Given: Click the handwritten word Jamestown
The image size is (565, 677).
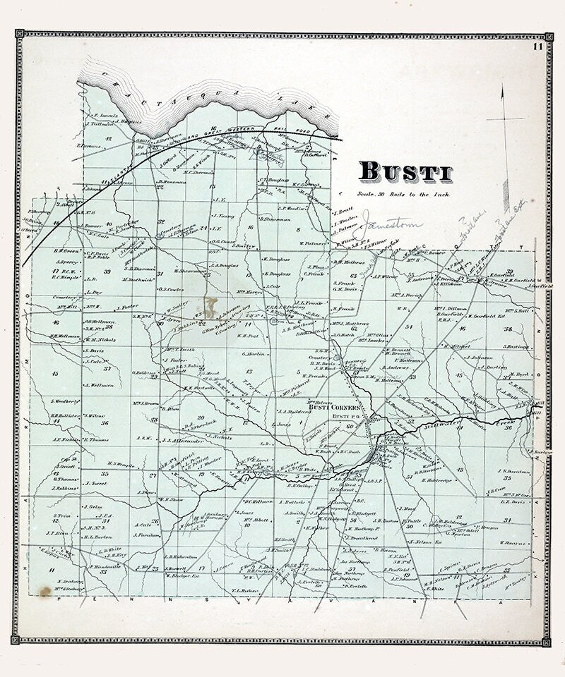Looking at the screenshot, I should point(392,225).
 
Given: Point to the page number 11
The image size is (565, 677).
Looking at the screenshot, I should point(538,47).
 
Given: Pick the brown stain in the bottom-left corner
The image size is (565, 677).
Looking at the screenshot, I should point(45,591).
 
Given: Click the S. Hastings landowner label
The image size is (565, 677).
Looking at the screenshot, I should point(516,346).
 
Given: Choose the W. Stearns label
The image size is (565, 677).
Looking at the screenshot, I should point(513,543).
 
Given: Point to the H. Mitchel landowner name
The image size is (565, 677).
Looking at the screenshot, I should point(457,346).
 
